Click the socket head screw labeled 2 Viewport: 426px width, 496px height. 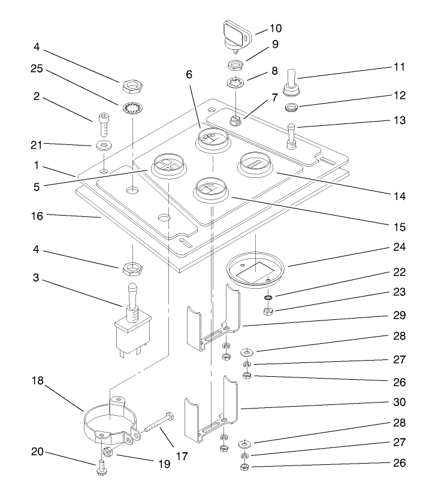tap(102, 124)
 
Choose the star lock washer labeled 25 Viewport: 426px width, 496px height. tap(131, 108)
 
